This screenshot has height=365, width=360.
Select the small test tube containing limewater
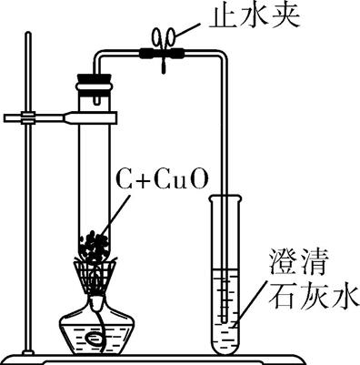(x=223, y=273)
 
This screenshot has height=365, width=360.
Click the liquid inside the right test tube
(x=223, y=309)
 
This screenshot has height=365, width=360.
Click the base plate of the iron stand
(x=182, y=357)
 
